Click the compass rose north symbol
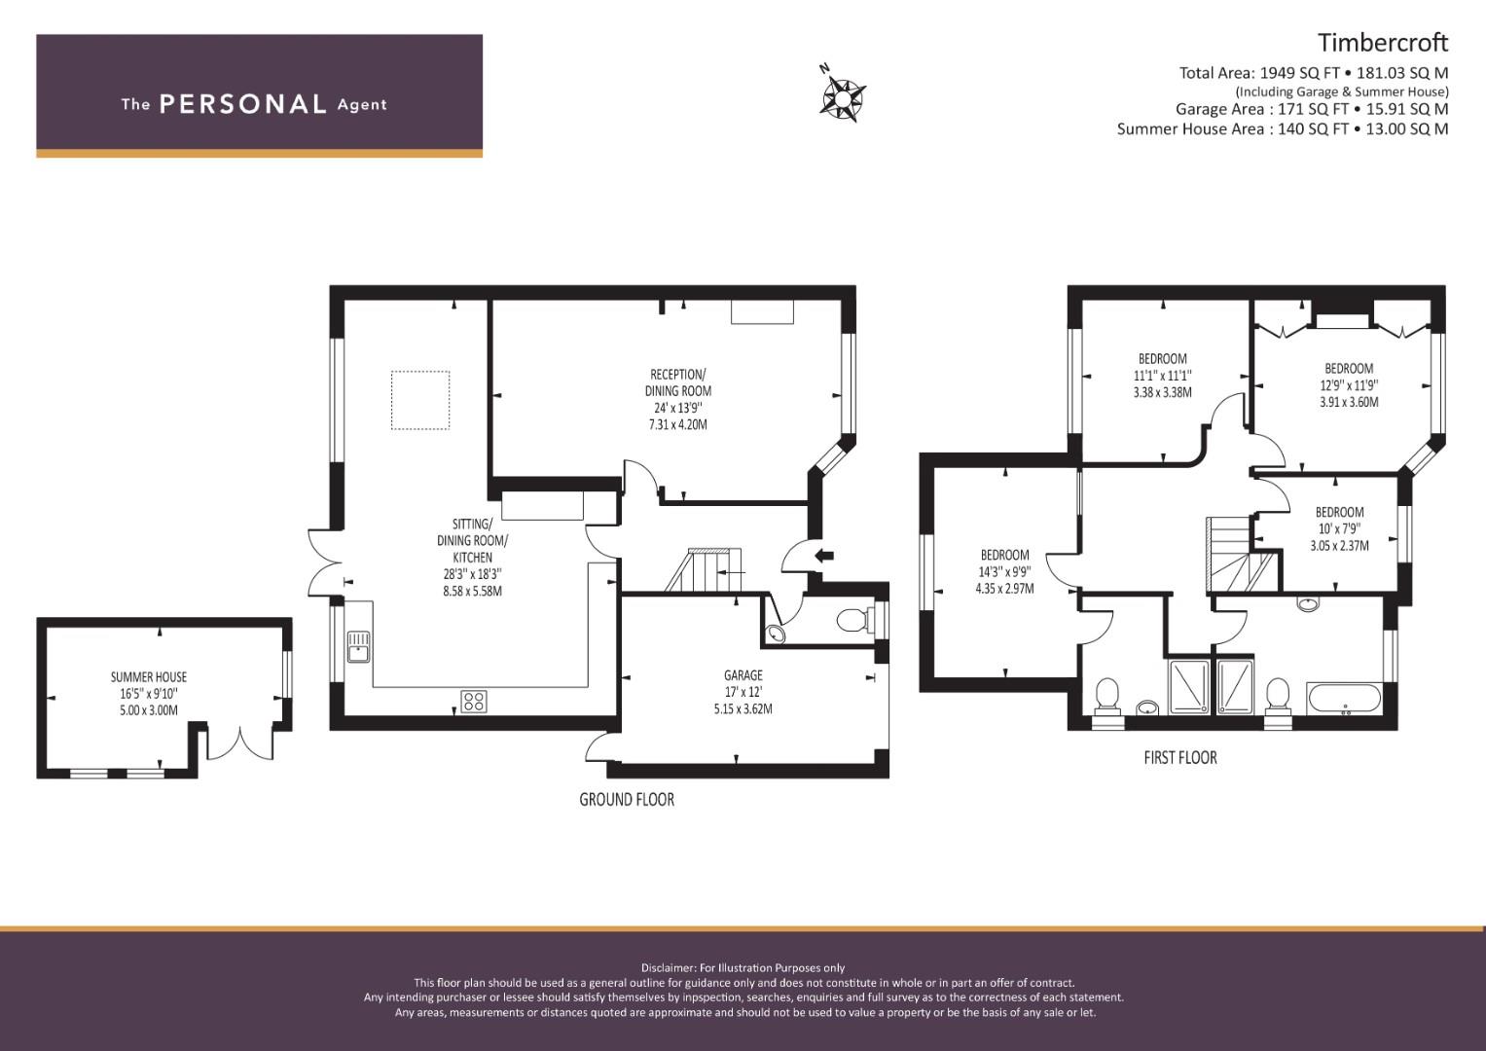coord(843,98)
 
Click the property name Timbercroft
coord(1383,43)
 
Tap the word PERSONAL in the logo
coord(243,104)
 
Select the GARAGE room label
coord(743,674)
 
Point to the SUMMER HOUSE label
coord(149,676)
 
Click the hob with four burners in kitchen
coord(474,702)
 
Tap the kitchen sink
coord(358,646)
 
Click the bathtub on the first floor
coord(1345,699)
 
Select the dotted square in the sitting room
coord(420,400)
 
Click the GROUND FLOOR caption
coord(627,800)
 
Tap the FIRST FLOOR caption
coord(1180,758)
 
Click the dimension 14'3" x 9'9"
coord(1004,571)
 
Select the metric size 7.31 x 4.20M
coord(677,424)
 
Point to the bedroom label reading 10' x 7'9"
coord(1339,528)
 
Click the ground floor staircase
coord(704,569)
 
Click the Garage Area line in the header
coord(1312,109)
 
